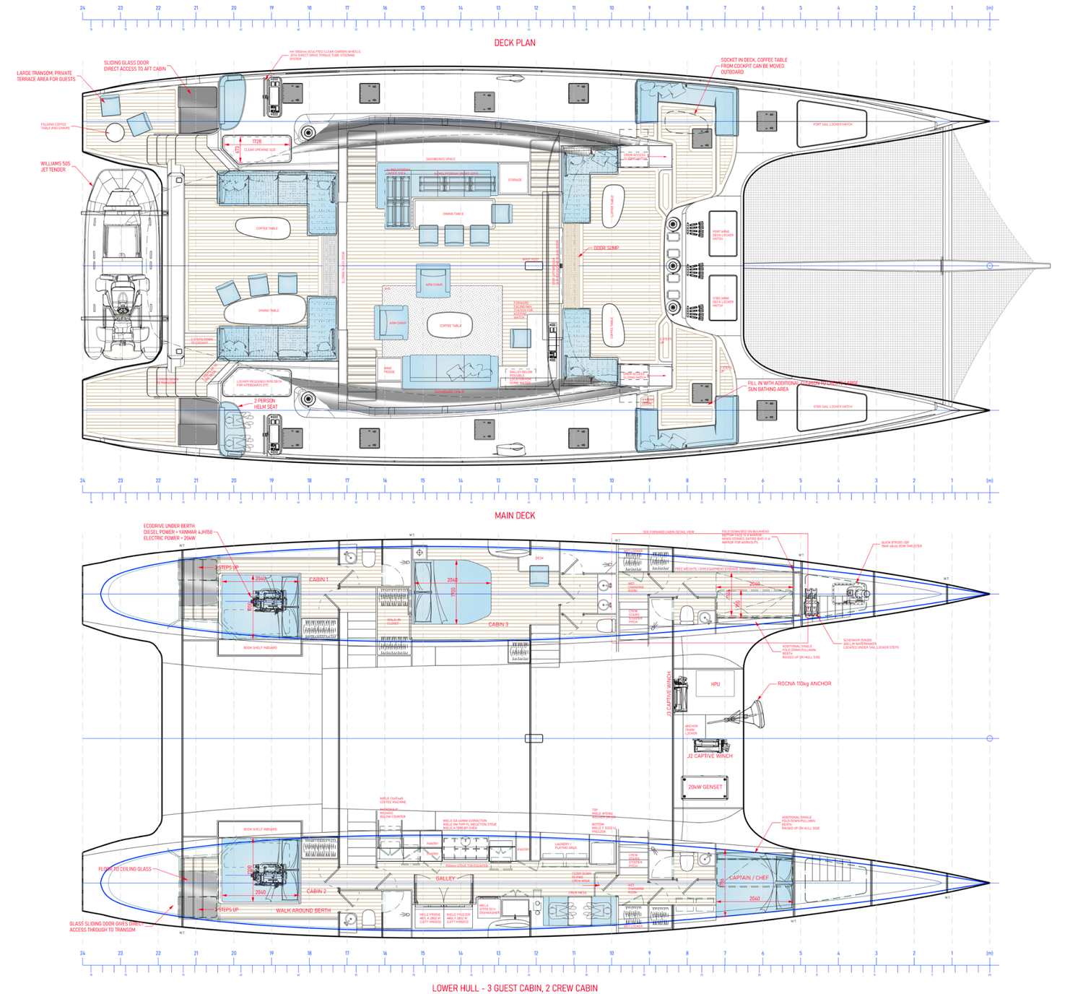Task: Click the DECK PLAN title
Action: [x=515, y=43]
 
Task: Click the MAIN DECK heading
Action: [x=515, y=515]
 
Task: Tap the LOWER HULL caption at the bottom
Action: [x=515, y=987]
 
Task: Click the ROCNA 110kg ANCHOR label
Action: [x=804, y=683]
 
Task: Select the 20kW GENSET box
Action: [x=705, y=787]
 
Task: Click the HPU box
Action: [x=715, y=683]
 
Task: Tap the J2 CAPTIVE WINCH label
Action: [x=710, y=756]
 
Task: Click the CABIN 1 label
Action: [x=318, y=579]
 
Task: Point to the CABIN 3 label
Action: [x=497, y=624]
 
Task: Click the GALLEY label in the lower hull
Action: [x=445, y=878]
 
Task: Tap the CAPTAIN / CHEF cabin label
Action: [x=749, y=878]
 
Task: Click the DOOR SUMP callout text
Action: [x=607, y=248]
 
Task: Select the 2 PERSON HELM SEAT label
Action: [x=266, y=404]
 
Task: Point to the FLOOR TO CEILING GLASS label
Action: [x=125, y=869]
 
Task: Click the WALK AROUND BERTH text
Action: [x=303, y=910]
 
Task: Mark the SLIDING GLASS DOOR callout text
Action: [x=134, y=66]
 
